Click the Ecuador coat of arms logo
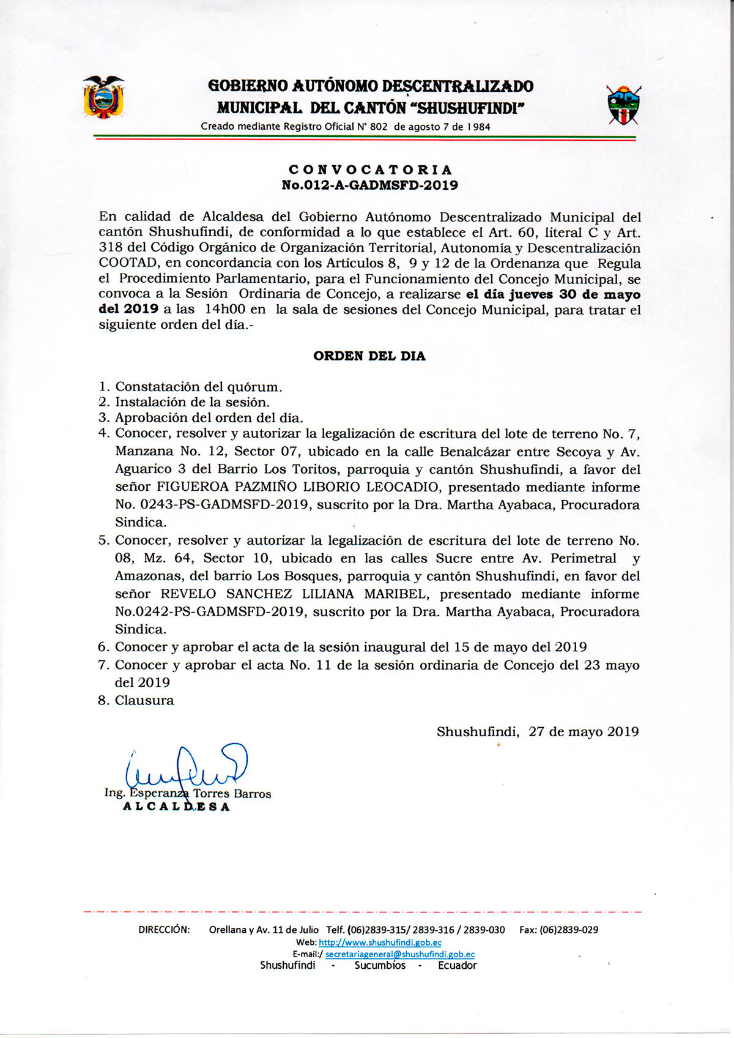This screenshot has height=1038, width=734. [103, 97]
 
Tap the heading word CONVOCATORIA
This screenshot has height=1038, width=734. [370, 170]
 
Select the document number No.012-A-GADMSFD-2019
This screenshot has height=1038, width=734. [369, 185]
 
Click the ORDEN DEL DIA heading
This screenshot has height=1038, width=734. [369, 356]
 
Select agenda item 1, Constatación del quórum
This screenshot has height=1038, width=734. [198, 387]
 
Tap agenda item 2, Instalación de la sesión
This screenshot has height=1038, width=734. [192, 402]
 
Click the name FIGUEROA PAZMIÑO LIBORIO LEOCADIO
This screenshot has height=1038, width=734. [298, 488]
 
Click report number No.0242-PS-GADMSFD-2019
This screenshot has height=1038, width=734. [209, 612]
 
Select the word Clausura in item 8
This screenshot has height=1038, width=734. [144, 701]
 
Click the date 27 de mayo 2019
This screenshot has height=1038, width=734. [584, 732]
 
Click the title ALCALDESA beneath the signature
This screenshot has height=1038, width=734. [177, 807]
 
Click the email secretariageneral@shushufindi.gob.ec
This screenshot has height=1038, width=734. [400, 954]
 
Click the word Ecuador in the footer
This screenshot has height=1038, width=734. [457, 966]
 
